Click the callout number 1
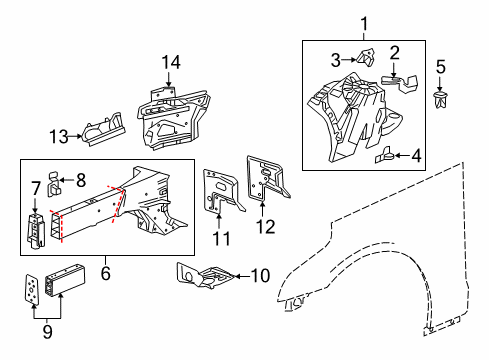pyautogui.click(x=365, y=21)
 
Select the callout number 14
pyautogui.click(x=173, y=63)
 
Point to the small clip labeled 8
pyautogui.click(x=58, y=183)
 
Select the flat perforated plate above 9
pyautogui.click(x=35, y=291)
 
